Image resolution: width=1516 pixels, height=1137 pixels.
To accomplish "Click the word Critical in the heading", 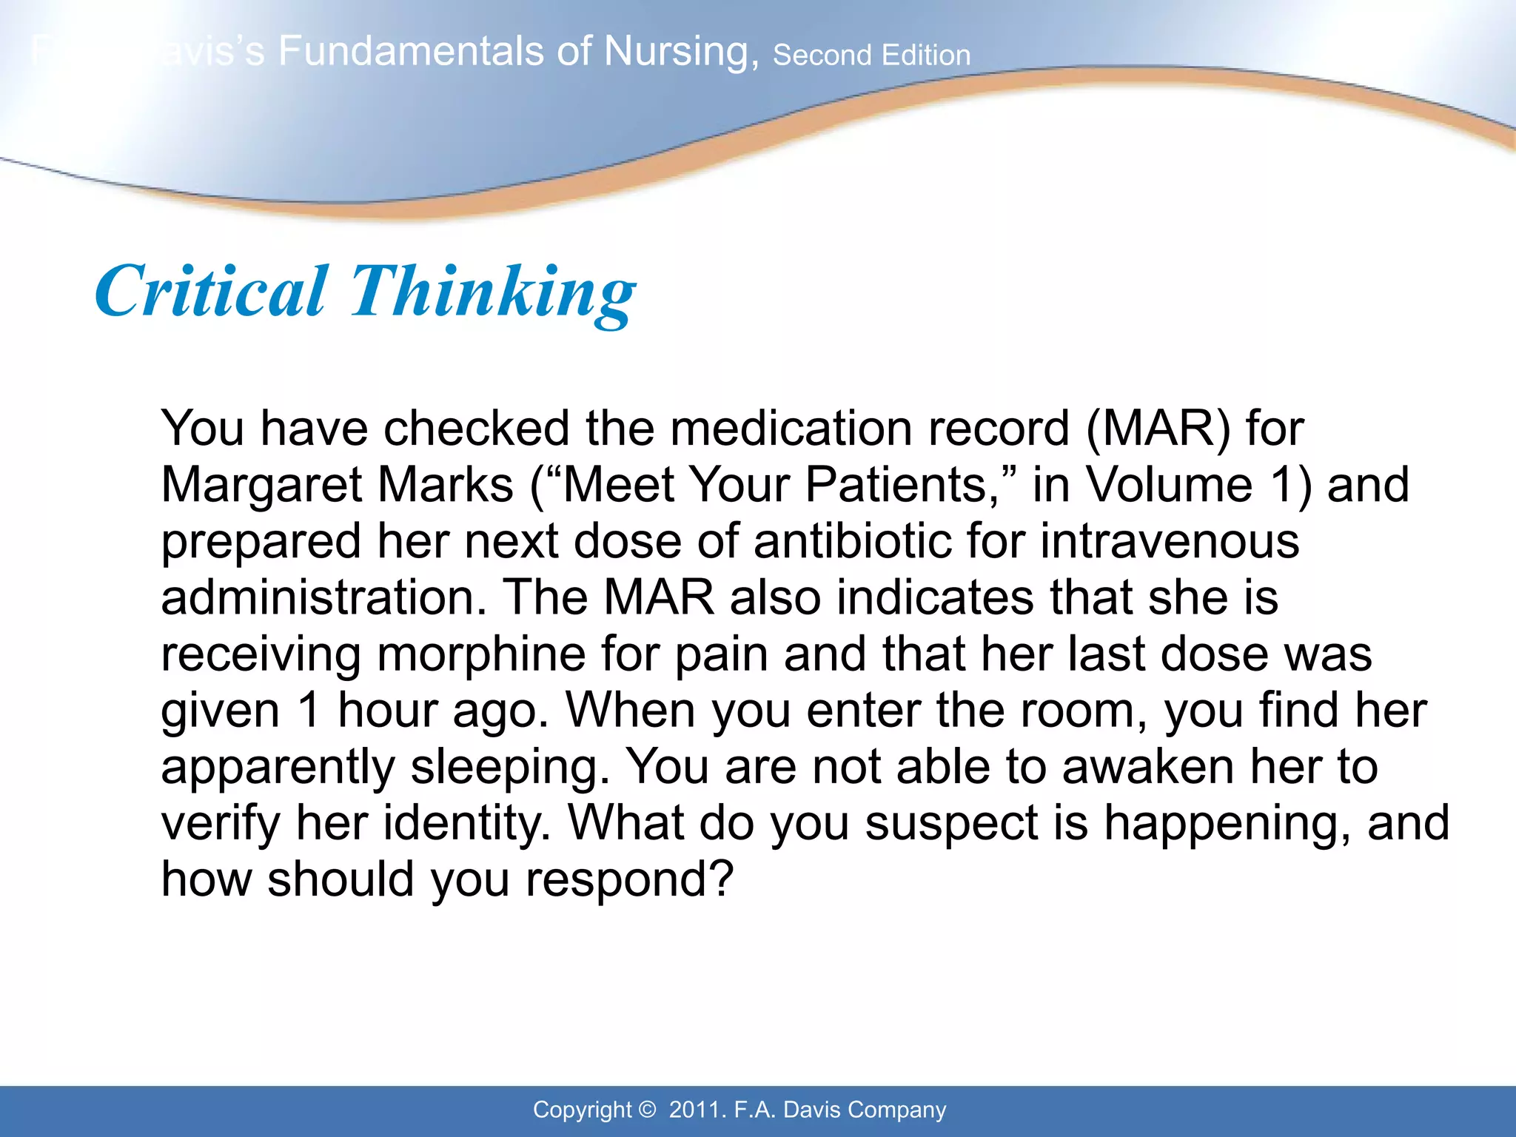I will click(210, 292).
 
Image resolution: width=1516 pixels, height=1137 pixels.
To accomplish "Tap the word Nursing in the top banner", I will click(681, 52).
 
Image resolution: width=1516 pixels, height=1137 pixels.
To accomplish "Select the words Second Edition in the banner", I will click(871, 56).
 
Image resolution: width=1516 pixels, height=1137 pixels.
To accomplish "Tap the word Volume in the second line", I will click(1169, 485).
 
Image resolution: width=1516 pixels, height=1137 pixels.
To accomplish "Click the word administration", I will click(323, 597).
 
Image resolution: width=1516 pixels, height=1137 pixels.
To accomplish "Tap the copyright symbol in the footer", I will click(647, 1110).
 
